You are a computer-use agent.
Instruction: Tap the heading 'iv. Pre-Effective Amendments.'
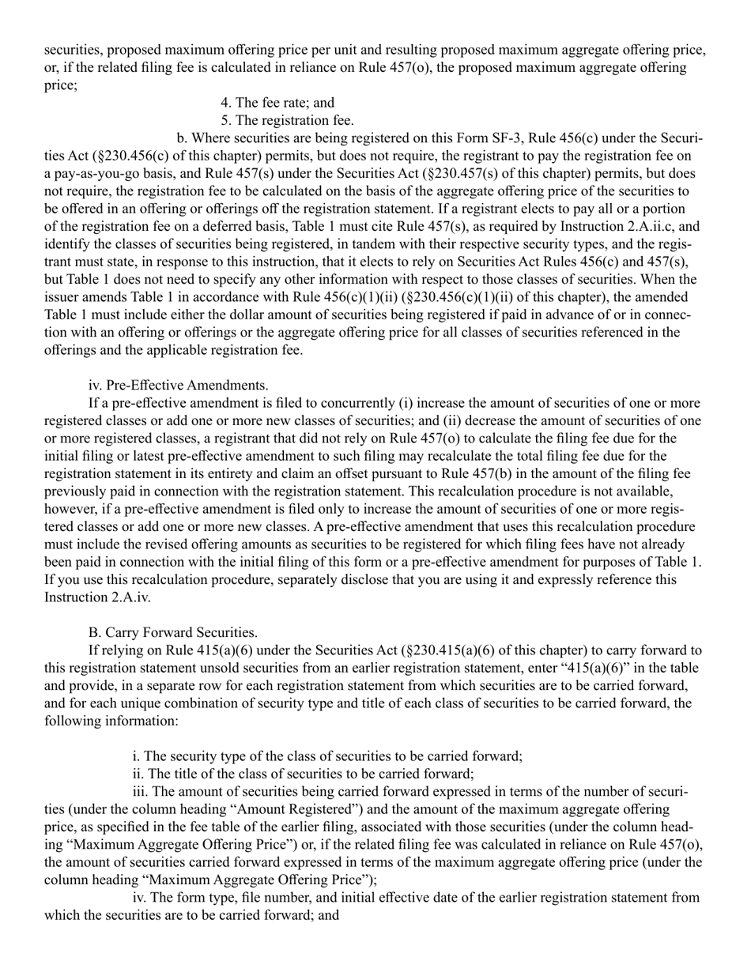tap(179, 386)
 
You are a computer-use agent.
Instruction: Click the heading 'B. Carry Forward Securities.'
tap(173, 633)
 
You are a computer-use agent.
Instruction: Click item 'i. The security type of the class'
tap(327, 755)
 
